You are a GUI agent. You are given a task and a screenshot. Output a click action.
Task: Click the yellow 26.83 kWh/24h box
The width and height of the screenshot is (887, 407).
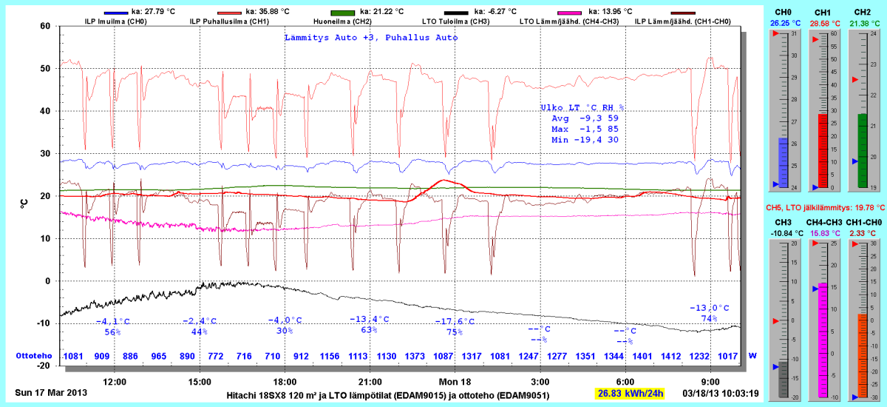pos(631,392)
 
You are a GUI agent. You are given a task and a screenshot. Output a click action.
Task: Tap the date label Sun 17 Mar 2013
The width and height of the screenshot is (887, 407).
pos(50,392)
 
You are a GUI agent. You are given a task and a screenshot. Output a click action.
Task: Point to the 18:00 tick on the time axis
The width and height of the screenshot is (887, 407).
pos(285,381)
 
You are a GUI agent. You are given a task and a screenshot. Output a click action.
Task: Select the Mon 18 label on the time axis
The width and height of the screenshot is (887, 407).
pos(455,381)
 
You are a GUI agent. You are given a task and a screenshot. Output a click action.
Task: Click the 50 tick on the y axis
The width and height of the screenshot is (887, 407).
pos(45,68)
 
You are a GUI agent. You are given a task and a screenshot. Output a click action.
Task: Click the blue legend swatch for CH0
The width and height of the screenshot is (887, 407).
pos(117,13)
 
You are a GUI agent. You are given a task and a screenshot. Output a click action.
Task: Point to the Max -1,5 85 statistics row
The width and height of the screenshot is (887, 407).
pos(584,129)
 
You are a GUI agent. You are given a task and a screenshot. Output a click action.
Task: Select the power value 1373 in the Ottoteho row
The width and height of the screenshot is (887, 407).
pos(415,356)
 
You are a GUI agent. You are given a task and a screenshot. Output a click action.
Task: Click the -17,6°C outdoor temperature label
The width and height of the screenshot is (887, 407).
pos(455,321)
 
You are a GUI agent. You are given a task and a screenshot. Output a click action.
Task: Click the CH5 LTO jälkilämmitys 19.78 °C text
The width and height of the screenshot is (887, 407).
pos(824,208)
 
